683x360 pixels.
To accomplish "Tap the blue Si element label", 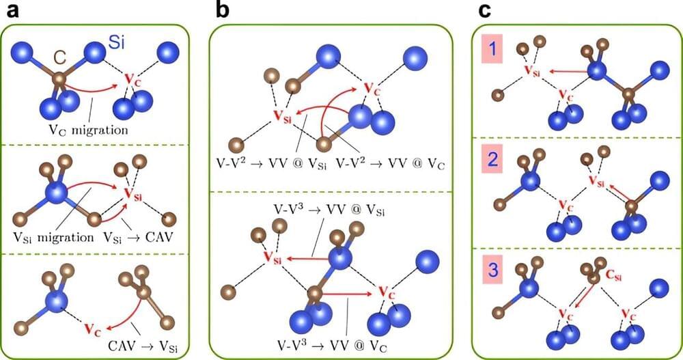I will pyautogui.click(x=117, y=46).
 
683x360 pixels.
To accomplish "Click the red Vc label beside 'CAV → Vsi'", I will pyautogui.click(x=92, y=328).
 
